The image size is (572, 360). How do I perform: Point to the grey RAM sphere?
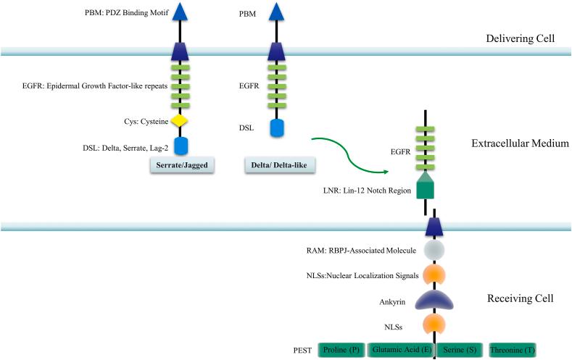point(434,250)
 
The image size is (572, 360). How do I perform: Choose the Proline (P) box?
point(341,349)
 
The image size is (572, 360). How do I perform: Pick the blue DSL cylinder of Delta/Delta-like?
point(276,128)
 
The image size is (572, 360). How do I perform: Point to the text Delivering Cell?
point(524,38)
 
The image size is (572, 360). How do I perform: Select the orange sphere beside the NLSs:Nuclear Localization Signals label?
point(434,275)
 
